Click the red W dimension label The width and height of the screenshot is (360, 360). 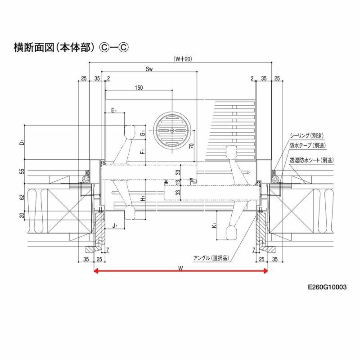click(x=180, y=267)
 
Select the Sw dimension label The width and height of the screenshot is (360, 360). click(x=150, y=69)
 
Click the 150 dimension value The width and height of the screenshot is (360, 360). click(x=139, y=88)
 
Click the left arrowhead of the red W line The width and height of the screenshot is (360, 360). click(x=95, y=271)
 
